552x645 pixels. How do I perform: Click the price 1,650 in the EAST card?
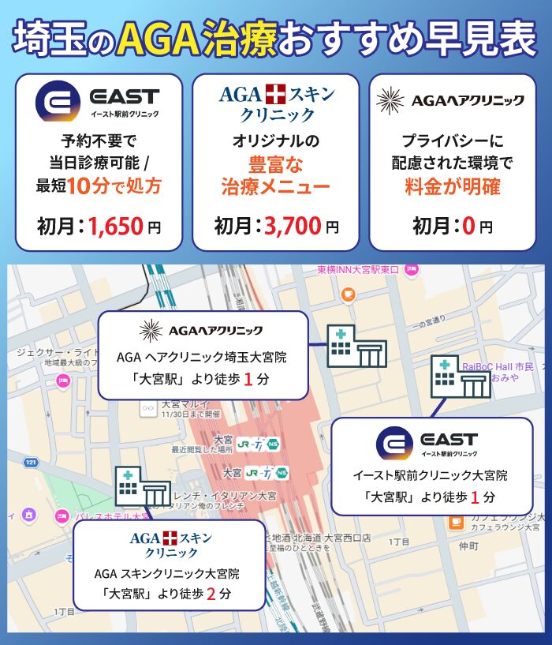pyautogui.click(x=116, y=227)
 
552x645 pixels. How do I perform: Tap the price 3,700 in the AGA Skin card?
pyautogui.click(x=293, y=227)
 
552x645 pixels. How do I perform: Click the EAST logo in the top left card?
pyautogui.click(x=98, y=101)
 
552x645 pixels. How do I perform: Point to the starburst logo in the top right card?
pyautogui.click(x=390, y=100)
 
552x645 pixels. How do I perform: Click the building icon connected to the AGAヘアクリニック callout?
pyautogui.click(x=356, y=345)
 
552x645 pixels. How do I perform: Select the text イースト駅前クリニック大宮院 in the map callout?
pyautogui.click(x=430, y=475)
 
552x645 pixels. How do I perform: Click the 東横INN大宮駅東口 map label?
pyautogui.click(x=359, y=269)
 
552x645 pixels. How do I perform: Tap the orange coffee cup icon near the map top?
pyautogui.click(x=348, y=294)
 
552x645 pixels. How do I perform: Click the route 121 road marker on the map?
pyautogui.click(x=32, y=461)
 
